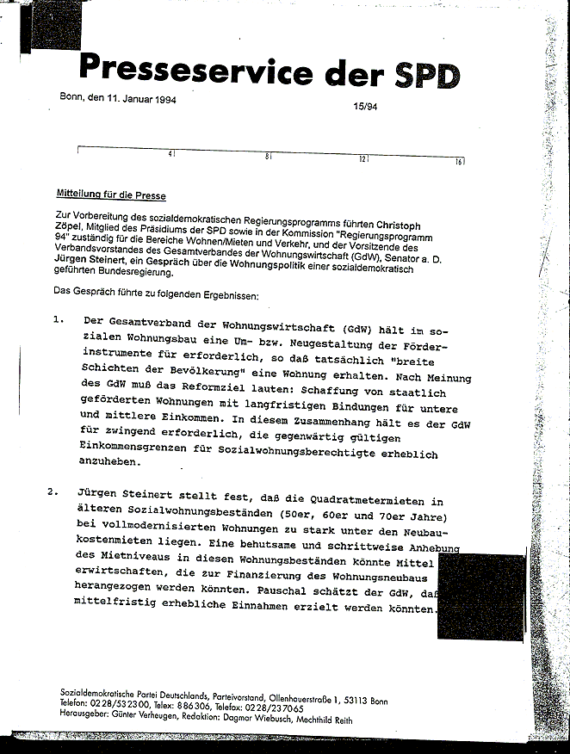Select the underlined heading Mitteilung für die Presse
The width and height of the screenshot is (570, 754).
[111, 195]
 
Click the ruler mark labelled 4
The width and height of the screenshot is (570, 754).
[171, 155]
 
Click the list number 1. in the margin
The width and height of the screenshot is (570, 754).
[59, 320]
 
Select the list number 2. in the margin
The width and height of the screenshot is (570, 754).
[54, 492]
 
